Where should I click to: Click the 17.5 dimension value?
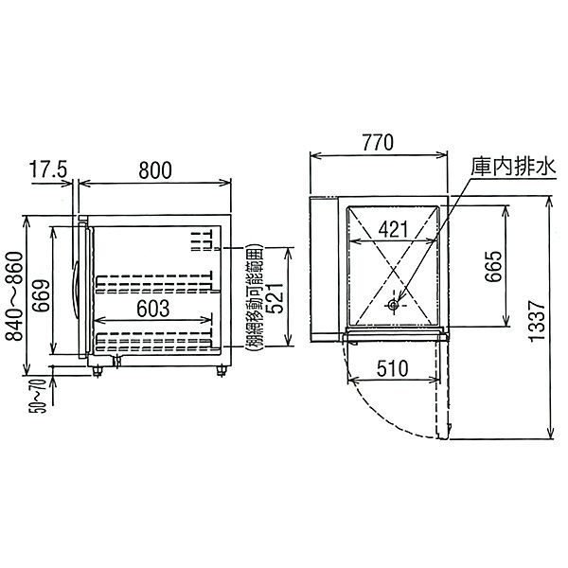48,170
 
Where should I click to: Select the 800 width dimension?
155,170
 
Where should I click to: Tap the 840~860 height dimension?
14,296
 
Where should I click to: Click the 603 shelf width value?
152,309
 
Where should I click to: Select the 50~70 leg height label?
38,396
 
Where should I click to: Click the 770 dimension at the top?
378,142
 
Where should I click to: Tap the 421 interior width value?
393,229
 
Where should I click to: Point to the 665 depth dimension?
494,266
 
